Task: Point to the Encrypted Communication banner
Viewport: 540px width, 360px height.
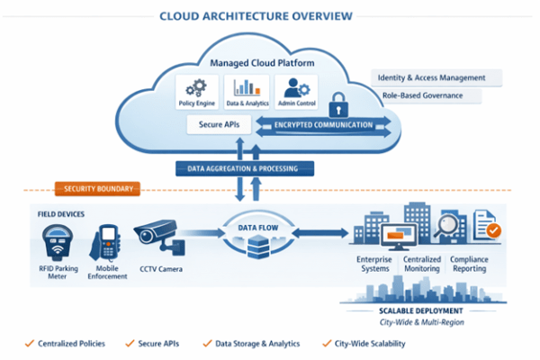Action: (x=323, y=125)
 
